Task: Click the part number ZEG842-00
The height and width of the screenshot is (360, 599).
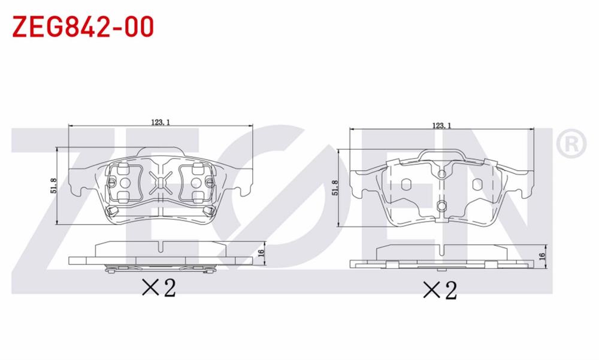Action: click(83, 26)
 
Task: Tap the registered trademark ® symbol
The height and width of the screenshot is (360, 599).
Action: click(571, 144)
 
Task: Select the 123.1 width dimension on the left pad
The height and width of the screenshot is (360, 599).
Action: click(161, 122)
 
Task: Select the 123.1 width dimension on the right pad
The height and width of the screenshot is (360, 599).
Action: click(440, 125)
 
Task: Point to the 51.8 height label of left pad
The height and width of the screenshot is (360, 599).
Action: click(54, 186)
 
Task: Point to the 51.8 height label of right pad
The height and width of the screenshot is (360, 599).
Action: click(335, 187)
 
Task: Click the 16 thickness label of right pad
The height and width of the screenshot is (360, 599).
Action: click(542, 256)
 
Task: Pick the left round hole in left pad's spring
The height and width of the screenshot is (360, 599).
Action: click(125, 183)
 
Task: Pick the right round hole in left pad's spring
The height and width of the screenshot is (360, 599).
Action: click(197, 183)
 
